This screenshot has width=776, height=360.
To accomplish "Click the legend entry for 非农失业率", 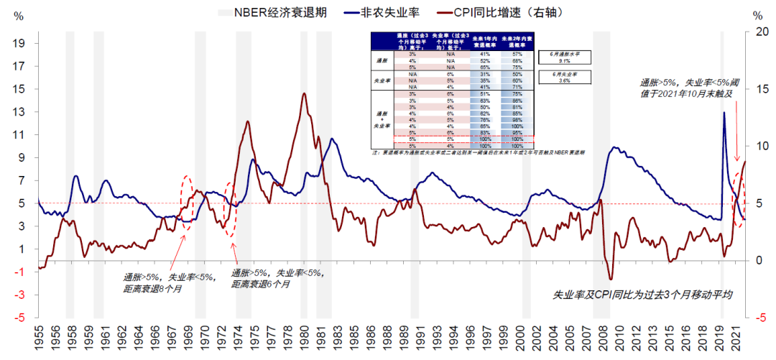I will (392, 12).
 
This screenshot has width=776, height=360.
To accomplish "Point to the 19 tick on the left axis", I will (20, 43).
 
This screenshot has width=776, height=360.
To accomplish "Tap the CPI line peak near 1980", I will (304, 93).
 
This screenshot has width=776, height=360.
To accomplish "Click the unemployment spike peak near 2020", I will (724, 112).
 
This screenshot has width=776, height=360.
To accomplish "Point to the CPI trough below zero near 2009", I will (611, 279).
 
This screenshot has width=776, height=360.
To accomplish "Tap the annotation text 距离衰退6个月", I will (262, 285).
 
